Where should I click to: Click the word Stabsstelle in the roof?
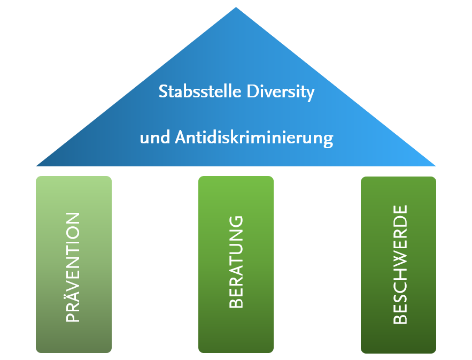point(200,91)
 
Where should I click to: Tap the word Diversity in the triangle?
point(281,92)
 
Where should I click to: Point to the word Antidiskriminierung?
point(254,139)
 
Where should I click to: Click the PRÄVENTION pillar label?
point(73,267)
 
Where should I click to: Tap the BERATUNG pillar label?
point(236,262)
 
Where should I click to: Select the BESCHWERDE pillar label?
point(400,264)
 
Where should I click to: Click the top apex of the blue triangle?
point(236,7)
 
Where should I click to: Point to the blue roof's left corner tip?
point(36,166)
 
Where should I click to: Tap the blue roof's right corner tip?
point(436,166)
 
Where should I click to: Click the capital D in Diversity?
point(252,91)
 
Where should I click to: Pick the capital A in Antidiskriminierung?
point(181,137)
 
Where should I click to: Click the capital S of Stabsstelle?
point(163,91)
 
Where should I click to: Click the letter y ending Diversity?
point(311,94)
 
